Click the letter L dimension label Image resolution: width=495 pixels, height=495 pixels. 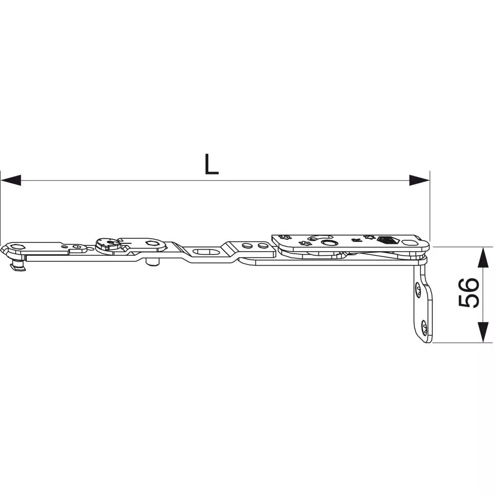[211, 164]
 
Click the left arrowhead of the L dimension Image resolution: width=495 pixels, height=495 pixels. [11, 180]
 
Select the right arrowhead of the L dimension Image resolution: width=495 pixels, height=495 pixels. [419, 180]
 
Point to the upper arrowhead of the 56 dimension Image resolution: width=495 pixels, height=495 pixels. [483, 257]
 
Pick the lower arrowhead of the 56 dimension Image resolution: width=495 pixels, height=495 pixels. [483, 332]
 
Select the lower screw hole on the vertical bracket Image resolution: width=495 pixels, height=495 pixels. [423, 327]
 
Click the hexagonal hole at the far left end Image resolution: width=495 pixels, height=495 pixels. [15, 246]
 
